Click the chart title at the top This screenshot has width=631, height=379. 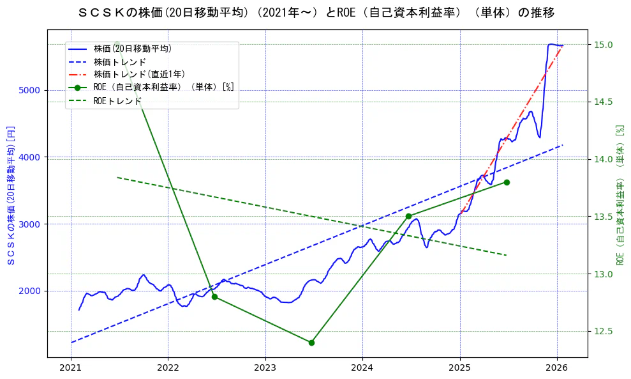coord(316,13)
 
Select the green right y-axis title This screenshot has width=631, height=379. coord(620,195)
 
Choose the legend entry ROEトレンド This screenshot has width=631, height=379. coord(117,101)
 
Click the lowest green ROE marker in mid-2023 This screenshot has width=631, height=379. coord(311,343)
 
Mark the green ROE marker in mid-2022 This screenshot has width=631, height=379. coord(214,297)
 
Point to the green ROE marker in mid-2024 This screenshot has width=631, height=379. coord(408,216)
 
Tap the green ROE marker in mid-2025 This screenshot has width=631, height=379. coord(507,182)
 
